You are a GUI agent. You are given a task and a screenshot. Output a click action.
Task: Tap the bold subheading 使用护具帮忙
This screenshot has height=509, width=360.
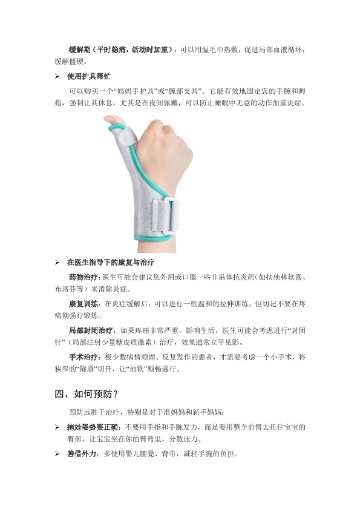[89, 76]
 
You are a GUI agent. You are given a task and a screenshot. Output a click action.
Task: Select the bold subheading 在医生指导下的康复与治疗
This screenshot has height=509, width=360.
[111, 262]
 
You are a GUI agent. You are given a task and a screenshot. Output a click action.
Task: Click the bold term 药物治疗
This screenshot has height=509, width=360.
[83, 277]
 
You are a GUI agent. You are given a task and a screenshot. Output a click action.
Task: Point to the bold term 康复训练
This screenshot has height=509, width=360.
[83, 304]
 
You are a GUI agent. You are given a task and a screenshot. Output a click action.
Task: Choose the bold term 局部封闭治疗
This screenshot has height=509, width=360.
[90, 330]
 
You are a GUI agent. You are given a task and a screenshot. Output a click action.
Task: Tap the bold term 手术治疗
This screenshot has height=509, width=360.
[83, 357]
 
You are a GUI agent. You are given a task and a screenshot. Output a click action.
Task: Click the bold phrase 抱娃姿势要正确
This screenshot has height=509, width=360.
[93, 427]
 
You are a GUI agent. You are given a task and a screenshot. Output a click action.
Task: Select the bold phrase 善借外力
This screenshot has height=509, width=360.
[82, 454]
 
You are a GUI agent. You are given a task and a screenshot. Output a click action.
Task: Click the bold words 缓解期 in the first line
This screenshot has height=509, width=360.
[79, 50]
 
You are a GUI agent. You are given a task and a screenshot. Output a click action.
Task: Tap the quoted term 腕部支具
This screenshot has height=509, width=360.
[184, 91]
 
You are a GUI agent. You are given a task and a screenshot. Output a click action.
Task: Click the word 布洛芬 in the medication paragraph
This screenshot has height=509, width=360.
[65, 289]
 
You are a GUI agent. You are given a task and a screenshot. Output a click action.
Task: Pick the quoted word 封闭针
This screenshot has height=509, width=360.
[296, 330]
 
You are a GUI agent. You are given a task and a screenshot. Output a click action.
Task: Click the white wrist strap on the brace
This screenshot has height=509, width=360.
[166, 216]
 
